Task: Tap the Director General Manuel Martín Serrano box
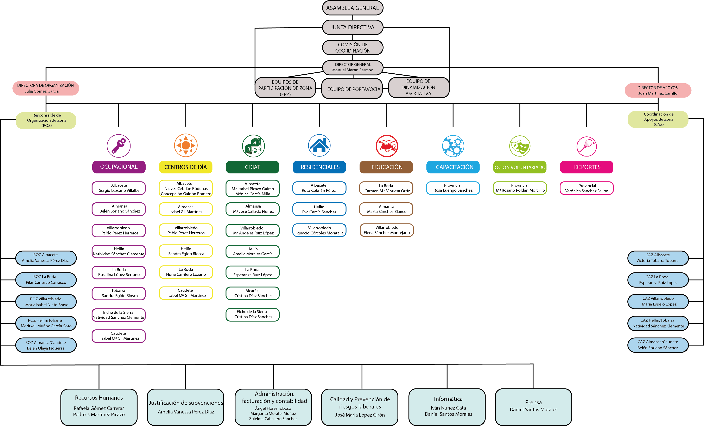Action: tap(353, 67)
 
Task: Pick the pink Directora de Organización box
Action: tap(46, 88)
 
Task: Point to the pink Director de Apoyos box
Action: tap(658, 90)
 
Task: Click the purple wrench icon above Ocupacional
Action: tap(119, 146)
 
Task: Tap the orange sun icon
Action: tap(186, 145)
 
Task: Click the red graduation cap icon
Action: tap(387, 146)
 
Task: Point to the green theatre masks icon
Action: tap(520, 146)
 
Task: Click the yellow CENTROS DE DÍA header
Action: tap(186, 167)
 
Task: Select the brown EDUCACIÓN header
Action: tap(386, 167)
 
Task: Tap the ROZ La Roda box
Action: tap(46, 280)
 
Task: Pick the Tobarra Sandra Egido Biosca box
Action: tap(119, 293)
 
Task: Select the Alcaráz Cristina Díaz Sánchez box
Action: tap(253, 293)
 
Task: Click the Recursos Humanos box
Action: tap(99, 407)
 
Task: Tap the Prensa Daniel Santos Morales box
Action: tap(533, 407)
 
